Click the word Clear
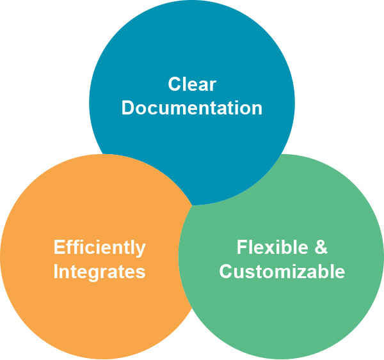click(x=192, y=84)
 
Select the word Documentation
click(x=192, y=108)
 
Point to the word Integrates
click(x=99, y=272)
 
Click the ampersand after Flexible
click(x=321, y=247)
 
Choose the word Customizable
click(x=282, y=271)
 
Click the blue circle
click(x=192, y=51)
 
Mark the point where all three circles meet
click(x=193, y=205)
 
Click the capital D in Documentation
click(x=127, y=108)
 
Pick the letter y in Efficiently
click(x=141, y=250)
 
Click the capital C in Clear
click(x=174, y=84)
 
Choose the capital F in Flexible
click(x=242, y=247)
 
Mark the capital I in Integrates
click(x=56, y=271)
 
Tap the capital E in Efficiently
click(x=59, y=247)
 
